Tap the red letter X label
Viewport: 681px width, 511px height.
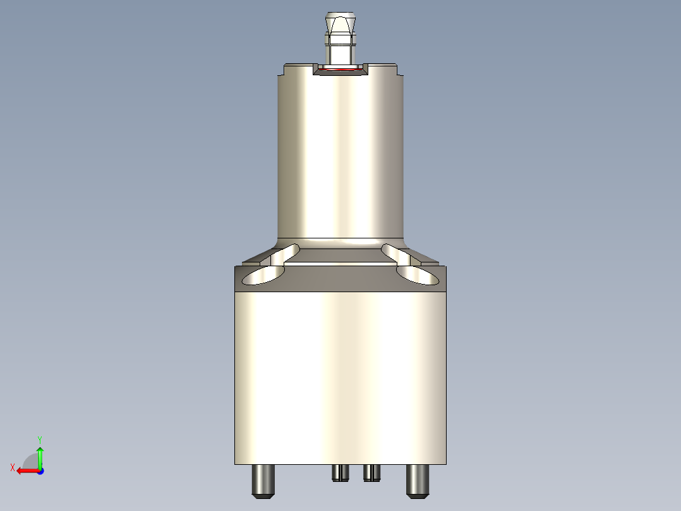pyautogui.click(x=13, y=467)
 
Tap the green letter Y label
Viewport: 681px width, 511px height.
pyautogui.click(x=40, y=438)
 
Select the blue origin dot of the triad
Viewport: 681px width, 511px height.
pyautogui.click(x=40, y=471)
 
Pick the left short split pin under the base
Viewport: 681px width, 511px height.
pyautogui.click(x=340, y=472)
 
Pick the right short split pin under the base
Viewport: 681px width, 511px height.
pyautogui.click(x=371, y=472)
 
